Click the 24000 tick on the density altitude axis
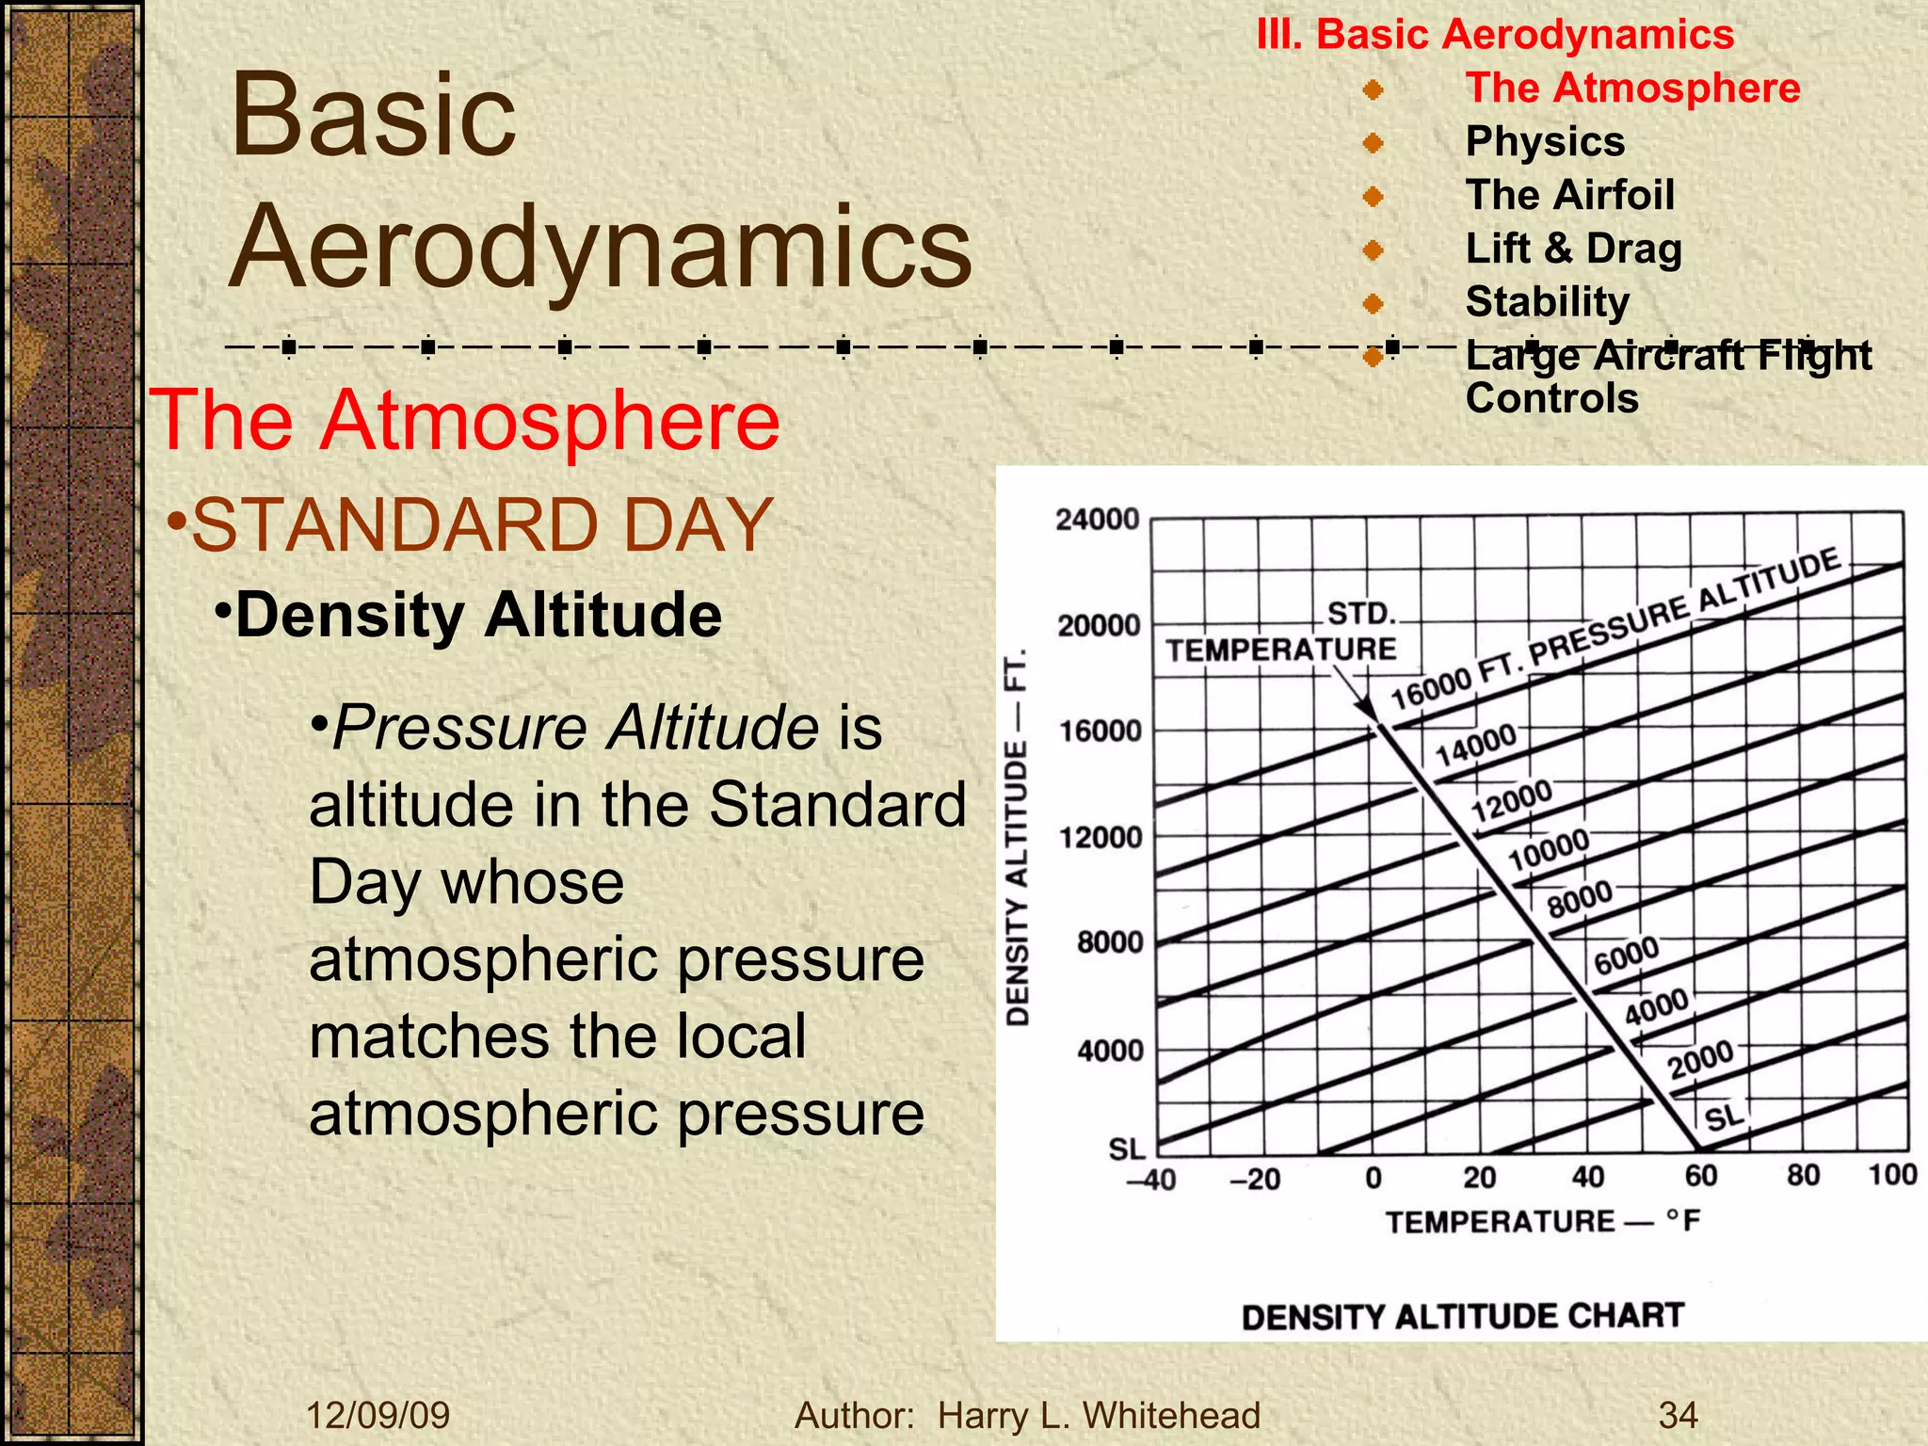(1098, 520)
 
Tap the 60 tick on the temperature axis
(1700, 1176)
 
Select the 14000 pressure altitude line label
(1475, 745)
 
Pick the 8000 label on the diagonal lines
(1581, 899)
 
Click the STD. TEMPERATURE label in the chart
(1283, 633)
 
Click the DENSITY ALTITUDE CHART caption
(1462, 1316)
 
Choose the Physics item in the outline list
(1545, 142)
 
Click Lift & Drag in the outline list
(1573, 249)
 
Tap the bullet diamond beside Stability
(1373, 303)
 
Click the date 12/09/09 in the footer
(378, 1415)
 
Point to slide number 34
(1678, 1415)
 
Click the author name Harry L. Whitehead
(1099, 1415)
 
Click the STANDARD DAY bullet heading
(482, 525)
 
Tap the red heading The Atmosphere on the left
(465, 421)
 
